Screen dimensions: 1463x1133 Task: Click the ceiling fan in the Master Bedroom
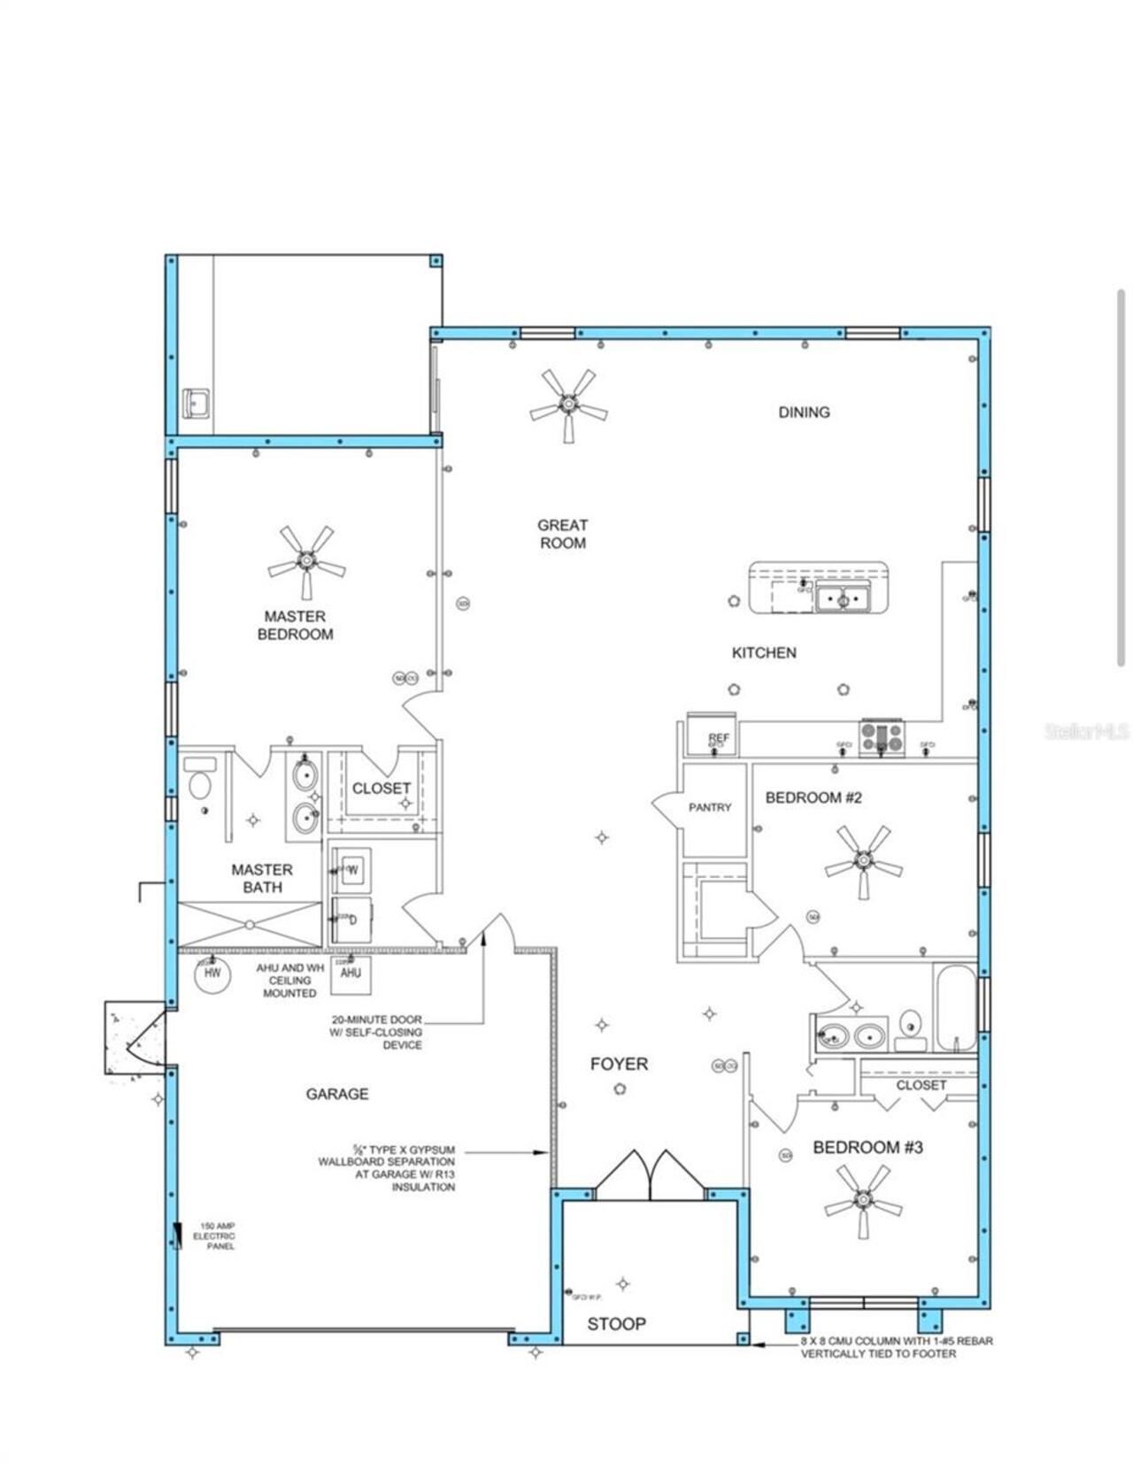(x=306, y=561)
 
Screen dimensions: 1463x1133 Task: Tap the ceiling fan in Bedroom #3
(x=863, y=1199)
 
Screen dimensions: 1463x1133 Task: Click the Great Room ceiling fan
(x=568, y=405)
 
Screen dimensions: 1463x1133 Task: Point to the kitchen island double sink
(x=842, y=599)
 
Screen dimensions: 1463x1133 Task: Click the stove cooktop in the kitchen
(x=882, y=737)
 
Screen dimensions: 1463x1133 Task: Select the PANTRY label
(x=710, y=807)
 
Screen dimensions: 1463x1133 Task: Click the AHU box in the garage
(x=351, y=974)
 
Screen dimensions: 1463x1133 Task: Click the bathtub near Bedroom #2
(x=954, y=1009)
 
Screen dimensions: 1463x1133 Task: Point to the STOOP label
(x=616, y=1324)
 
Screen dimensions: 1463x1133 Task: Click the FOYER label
(x=619, y=1064)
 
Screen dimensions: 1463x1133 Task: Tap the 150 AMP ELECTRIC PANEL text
(x=214, y=1236)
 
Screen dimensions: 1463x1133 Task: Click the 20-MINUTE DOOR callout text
(x=376, y=1032)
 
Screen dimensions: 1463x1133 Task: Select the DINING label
(x=804, y=412)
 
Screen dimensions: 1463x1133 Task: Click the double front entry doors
(x=651, y=1175)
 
